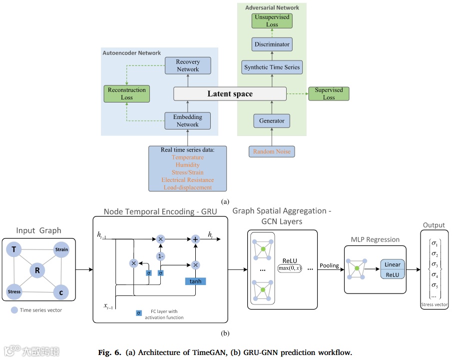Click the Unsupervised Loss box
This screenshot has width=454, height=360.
coord(272,21)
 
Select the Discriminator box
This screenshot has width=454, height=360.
coord(272,44)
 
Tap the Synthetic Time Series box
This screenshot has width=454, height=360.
coord(272,67)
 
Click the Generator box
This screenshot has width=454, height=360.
coord(272,120)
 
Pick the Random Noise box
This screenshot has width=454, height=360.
coord(272,151)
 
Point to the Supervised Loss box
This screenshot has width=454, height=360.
coord(329,93)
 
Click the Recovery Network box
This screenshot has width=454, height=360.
coord(188,65)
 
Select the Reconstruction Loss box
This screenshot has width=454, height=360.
coord(127,93)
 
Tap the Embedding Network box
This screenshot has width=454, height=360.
coord(188,120)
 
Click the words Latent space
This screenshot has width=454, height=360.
coord(230,93)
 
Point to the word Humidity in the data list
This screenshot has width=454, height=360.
coord(187,164)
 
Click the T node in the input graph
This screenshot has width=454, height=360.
coord(16,249)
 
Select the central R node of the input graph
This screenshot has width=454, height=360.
coord(37,270)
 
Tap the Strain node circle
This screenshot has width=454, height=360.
coord(62,249)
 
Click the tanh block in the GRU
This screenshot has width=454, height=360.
coord(195,281)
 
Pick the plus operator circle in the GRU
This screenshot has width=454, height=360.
coord(196,239)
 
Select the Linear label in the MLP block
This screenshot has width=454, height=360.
coord(393,264)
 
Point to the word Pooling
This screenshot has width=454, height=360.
coord(329,266)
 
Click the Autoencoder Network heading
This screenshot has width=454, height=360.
coord(132,53)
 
